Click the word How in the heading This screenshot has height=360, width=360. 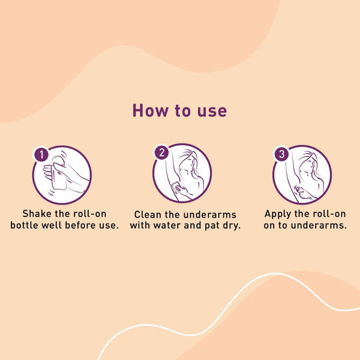pos(150,110)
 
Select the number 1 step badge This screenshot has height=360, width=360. pos(41,155)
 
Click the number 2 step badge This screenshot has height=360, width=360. pos(161,152)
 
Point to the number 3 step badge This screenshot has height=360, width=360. pos(282,154)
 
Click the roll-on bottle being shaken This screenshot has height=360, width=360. pos(59,173)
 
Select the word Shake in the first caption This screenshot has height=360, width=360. pos(37,214)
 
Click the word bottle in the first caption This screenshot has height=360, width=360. pos(24,225)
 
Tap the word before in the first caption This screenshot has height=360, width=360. pos(80,225)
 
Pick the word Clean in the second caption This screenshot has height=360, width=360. pos(148,215)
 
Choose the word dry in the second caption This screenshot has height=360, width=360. pos(232,226)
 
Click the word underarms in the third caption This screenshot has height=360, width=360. pos(319,225)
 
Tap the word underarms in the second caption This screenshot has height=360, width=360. pos(210,215)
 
